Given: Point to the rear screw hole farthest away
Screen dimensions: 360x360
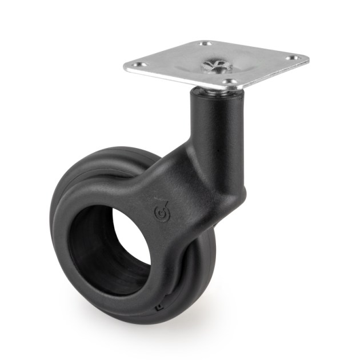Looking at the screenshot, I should click(207, 44).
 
